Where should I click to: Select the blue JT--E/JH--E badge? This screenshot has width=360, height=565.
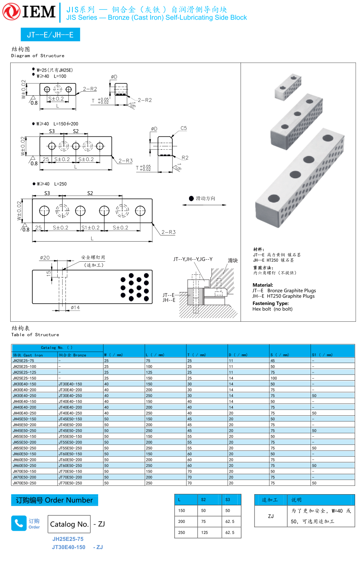(x=50, y=35)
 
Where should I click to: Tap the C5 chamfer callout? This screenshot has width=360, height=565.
(x=184, y=128)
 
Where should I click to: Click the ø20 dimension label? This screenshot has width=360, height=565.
(x=45, y=258)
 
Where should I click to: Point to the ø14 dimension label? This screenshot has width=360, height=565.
(x=75, y=307)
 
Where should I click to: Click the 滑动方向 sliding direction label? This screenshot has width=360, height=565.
(x=205, y=198)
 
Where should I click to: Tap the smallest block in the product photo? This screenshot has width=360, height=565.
(x=288, y=86)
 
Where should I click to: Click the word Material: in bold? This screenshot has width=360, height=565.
(x=263, y=285)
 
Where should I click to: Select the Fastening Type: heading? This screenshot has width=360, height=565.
(x=270, y=303)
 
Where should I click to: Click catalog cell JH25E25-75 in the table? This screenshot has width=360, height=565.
(x=23, y=361)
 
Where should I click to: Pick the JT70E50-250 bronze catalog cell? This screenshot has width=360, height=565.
(x=70, y=483)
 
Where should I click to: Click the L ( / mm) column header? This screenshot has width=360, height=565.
(x=155, y=355)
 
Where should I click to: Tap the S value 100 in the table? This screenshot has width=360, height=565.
(x=274, y=378)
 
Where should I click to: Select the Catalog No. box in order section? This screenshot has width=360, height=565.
(x=69, y=524)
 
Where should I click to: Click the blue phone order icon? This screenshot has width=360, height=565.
(x=19, y=523)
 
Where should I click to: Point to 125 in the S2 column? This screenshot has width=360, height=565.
(x=205, y=532)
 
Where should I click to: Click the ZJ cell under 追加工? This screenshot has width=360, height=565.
(x=271, y=516)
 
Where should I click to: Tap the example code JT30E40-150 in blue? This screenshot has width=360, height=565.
(x=69, y=547)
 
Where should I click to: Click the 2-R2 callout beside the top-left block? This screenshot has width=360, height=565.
(x=90, y=89)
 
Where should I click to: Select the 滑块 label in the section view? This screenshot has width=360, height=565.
(x=233, y=260)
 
